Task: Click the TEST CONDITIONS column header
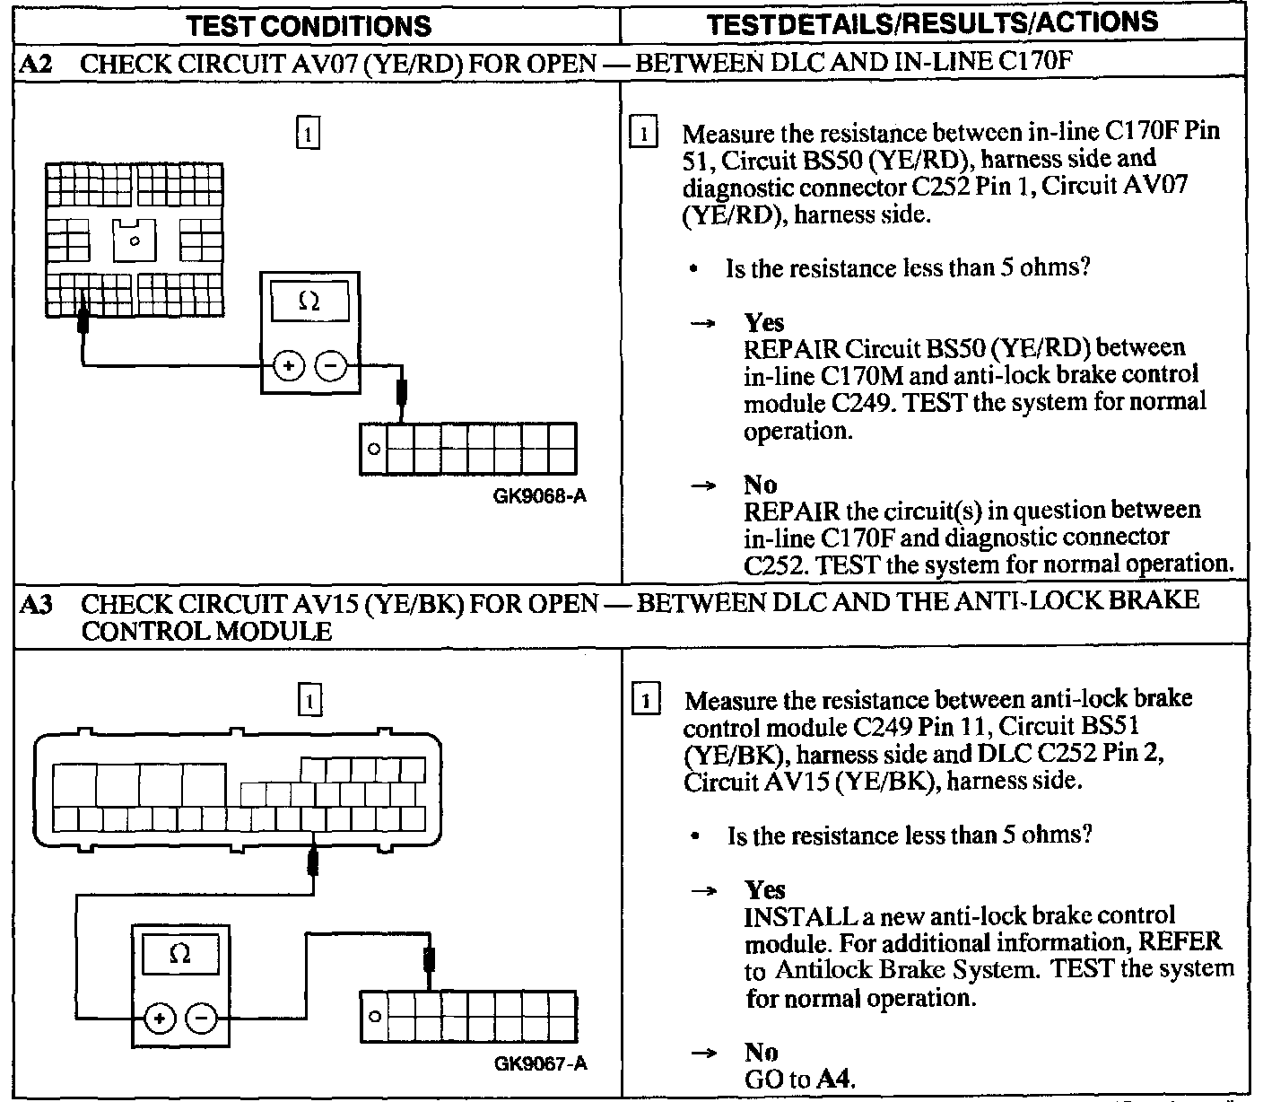[x=309, y=26]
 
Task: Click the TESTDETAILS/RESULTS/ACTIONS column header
[x=932, y=24]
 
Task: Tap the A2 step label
[x=34, y=64]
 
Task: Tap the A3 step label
[x=34, y=604]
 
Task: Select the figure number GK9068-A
[x=540, y=495]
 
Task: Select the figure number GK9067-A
[x=540, y=1063]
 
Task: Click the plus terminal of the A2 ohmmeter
[x=288, y=366]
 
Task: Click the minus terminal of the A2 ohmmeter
[x=331, y=366]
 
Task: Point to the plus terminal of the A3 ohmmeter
[x=159, y=1019]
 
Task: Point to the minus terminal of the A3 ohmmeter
[x=202, y=1019]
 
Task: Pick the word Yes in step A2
[x=764, y=322]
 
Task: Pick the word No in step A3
[x=762, y=1052]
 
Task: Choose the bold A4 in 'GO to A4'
[x=835, y=1080]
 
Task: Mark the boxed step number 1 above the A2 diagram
[x=308, y=134]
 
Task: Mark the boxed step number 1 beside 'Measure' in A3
[x=646, y=699]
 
